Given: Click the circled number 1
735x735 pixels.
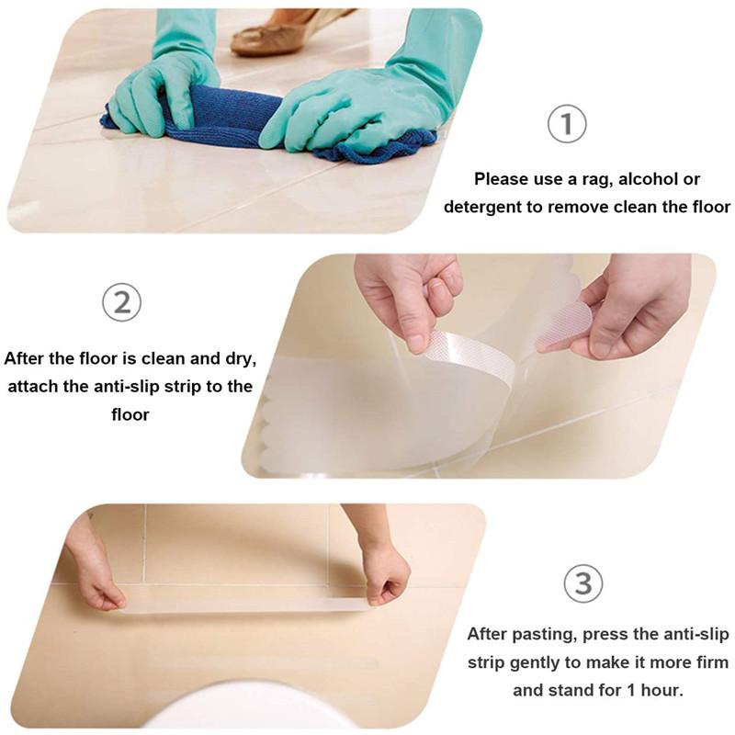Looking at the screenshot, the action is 567,124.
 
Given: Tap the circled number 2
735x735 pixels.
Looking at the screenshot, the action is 122,302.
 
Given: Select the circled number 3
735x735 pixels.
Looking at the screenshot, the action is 582,584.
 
